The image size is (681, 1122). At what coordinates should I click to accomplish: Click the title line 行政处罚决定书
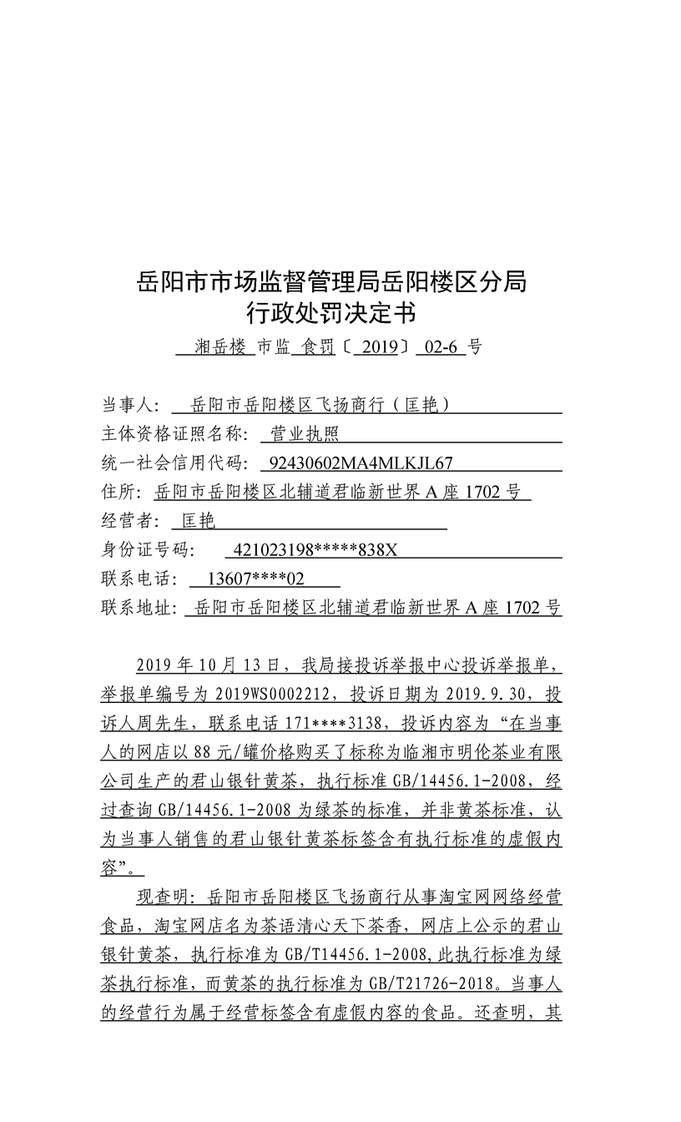pyautogui.click(x=331, y=314)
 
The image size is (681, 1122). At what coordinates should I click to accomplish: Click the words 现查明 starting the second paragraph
pyautogui.click(x=158, y=897)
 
